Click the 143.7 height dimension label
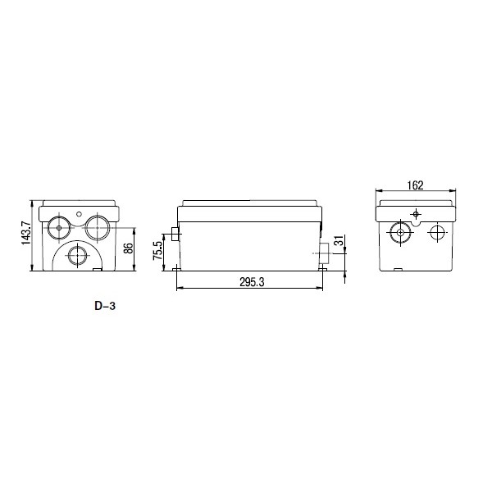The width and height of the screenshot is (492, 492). (25, 233)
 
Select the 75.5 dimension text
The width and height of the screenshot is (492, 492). (157, 250)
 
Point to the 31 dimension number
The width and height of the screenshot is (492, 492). (339, 241)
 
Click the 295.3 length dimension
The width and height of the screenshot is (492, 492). (252, 282)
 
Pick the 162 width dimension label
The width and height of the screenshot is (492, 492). (415, 185)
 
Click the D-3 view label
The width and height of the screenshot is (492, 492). (105, 306)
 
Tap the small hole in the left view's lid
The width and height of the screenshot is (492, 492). (79, 214)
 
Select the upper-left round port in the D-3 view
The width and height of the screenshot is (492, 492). (59, 227)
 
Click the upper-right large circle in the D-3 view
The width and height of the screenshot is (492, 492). (98, 227)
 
